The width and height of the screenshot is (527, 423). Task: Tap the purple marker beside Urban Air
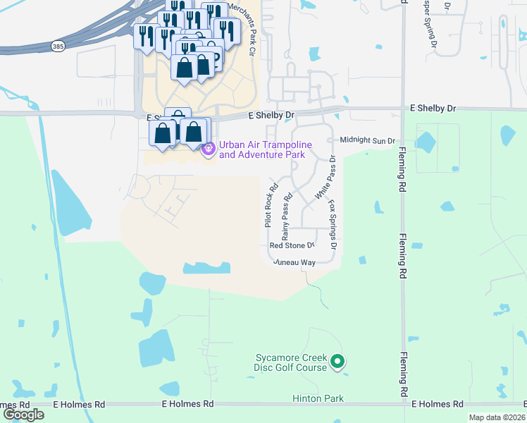click(208, 149)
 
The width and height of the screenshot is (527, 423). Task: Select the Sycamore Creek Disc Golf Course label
click(291, 362)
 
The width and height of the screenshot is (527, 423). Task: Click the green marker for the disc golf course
click(337, 362)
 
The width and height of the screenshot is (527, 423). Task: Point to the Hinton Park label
click(318, 398)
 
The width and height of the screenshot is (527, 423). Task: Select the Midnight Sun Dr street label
click(367, 141)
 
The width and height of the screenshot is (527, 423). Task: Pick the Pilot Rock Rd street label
click(269, 200)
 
